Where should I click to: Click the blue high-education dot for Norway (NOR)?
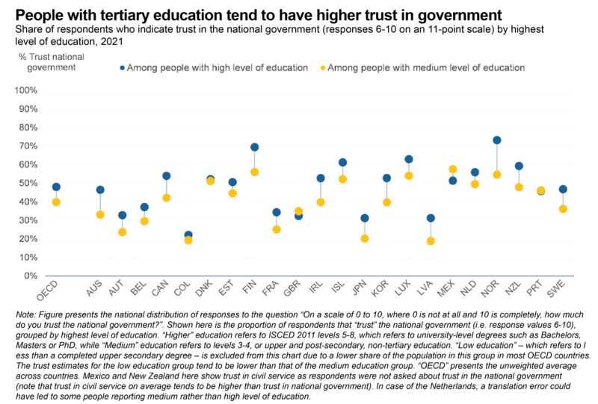(x=496, y=140)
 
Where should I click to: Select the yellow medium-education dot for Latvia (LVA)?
(x=431, y=240)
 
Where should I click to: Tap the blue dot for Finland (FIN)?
(x=254, y=147)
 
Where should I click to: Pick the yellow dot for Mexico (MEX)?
(x=452, y=170)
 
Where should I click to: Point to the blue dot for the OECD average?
(x=56, y=187)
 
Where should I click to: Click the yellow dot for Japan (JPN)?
(x=364, y=238)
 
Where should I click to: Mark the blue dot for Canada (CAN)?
(x=166, y=176)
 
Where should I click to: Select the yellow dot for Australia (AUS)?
(x=100, y=214)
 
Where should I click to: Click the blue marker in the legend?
(x=122, y=68)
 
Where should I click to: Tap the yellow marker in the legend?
(x=323, y=68)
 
